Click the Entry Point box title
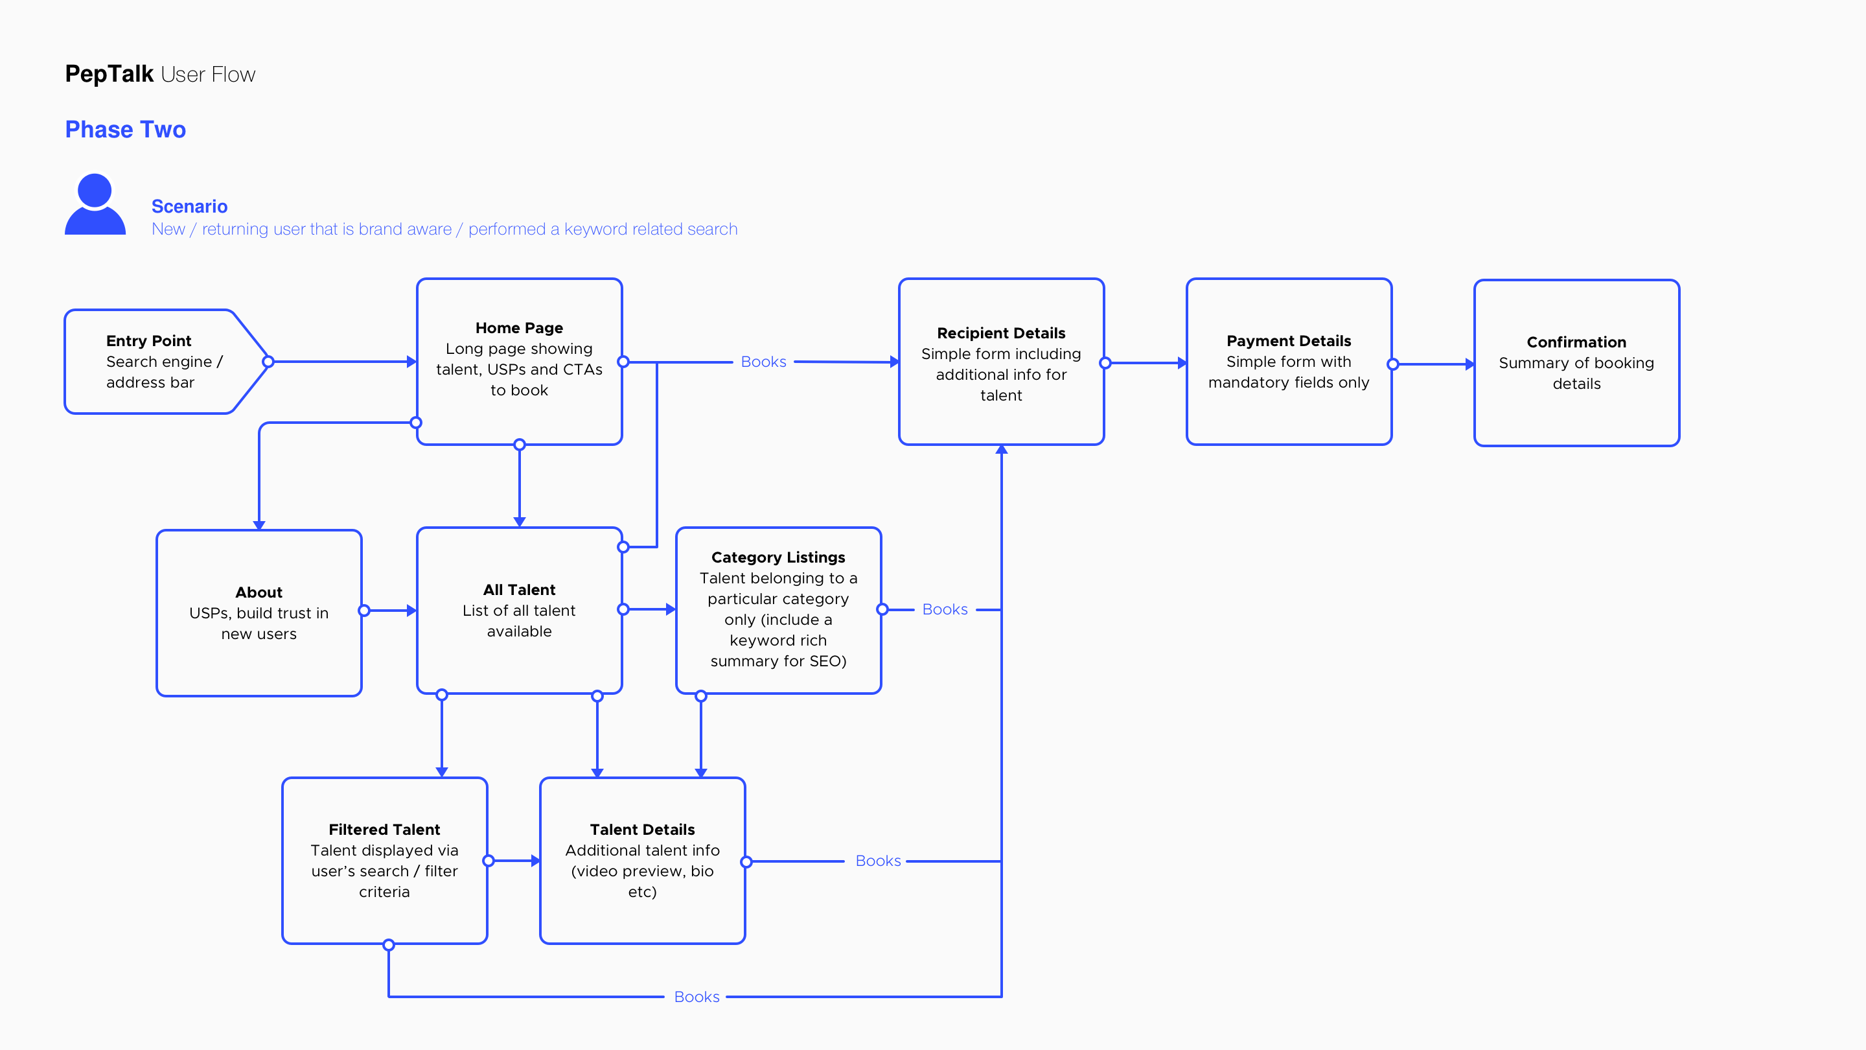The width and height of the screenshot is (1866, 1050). pos(148,340)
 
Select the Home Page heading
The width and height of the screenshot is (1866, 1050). pos(520,327)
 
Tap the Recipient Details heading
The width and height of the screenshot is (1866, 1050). pos(1001,332)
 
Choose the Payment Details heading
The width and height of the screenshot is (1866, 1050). pos(1289,340)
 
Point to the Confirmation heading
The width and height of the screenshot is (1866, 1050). pos(1576,342)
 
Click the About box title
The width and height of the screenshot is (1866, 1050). pos(259,592)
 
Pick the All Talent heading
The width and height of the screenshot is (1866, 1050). pos(520,590)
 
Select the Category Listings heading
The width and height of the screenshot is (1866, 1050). pos(778,557)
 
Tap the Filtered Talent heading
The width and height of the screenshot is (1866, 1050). pos(384,829)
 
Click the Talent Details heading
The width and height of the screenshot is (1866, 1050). pos(642,829)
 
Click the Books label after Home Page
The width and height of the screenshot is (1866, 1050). pos(763,362)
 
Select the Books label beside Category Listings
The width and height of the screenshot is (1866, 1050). pos(945,609)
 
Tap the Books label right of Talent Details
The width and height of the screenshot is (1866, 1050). pos(878,861)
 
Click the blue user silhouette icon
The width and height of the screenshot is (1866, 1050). pos(95,204)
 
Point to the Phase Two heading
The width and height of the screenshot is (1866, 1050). pos(125,129)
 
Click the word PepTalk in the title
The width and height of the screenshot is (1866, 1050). pos(109,74)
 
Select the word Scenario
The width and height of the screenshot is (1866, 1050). pos(189,207)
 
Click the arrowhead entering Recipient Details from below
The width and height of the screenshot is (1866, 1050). pos(1001,450)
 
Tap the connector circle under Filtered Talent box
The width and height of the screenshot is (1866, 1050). pos(389,945)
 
